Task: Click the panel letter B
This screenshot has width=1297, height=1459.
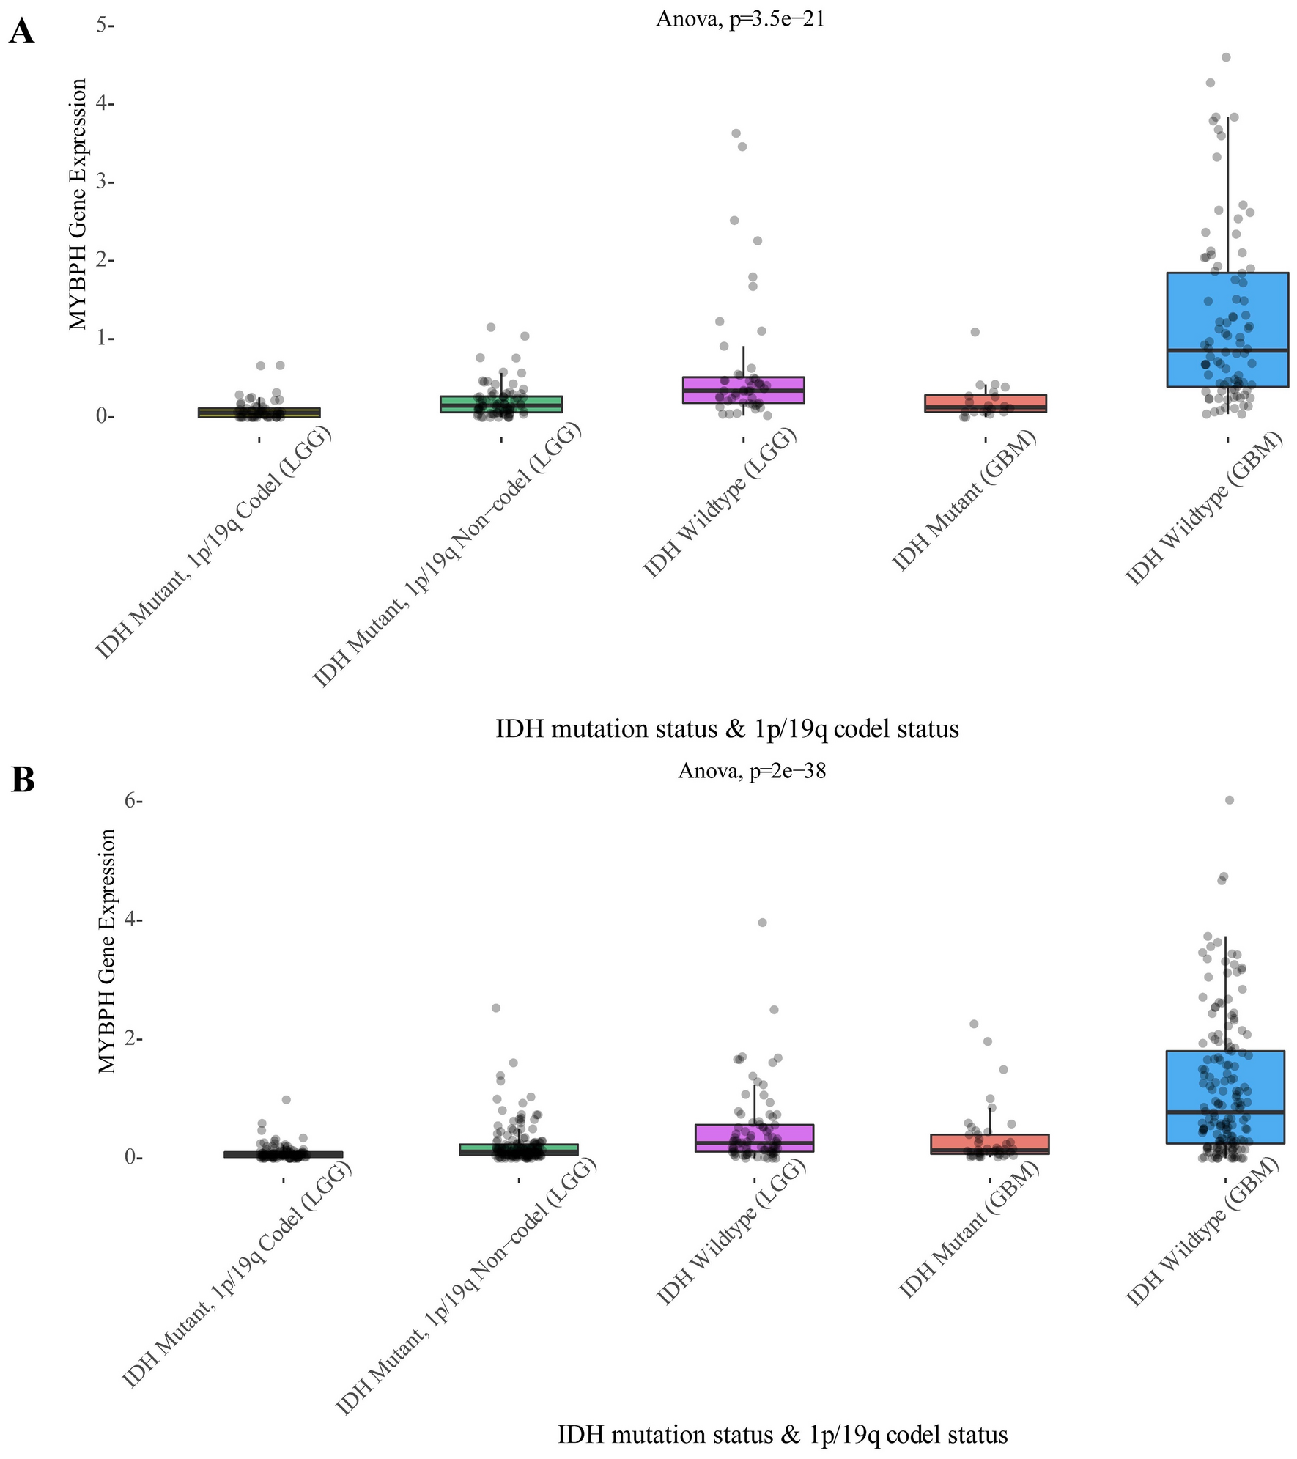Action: [x=23, y=780]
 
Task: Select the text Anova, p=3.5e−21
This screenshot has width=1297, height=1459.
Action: [x=740, y=19]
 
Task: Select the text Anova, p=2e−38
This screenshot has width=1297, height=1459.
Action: [x=752, y=771]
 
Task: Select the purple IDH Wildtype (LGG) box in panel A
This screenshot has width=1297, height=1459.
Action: [x=743, y=390]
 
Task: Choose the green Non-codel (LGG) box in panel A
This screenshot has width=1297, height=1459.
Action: [x=501, y=405]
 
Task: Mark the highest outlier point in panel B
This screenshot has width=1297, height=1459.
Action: [x=1230, y=800]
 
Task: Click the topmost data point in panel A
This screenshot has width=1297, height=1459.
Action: [x=1226, y=57]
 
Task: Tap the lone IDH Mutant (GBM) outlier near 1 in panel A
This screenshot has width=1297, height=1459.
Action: [x=975, y=332]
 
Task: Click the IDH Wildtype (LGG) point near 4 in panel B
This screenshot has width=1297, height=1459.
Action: [x=762, y=923]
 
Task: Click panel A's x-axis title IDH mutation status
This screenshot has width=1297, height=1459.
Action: [x=727, y=729]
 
